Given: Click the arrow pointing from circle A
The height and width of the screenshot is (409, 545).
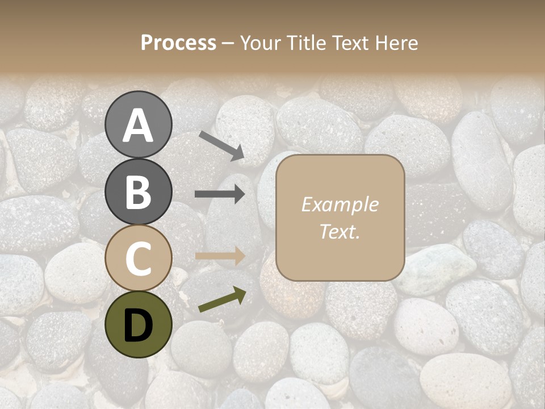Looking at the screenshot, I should pos(221,145).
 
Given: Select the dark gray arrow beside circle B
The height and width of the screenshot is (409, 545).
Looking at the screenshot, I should pos(220,194).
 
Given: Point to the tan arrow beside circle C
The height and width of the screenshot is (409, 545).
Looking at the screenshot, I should pos(220,256).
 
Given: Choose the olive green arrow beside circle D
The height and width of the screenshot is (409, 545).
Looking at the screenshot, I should pos(223,299).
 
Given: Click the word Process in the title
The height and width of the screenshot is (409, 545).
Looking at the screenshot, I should pos(178,43).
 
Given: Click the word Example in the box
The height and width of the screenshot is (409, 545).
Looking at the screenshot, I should pos(340,204).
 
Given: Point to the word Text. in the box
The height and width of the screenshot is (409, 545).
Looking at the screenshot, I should pos(340,232).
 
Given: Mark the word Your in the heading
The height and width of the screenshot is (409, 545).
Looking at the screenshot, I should pos(262,43).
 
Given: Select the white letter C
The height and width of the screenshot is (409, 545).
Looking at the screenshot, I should pos(138,259).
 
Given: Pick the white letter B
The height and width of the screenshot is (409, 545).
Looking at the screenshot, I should pos(138,192).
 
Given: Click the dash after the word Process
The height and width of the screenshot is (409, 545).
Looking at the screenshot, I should pos(228,44).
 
